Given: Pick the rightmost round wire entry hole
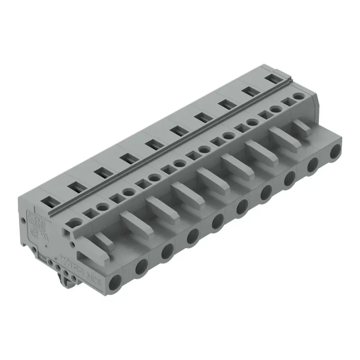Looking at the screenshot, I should click(335, 152).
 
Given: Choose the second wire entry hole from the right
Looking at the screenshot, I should click(312, 166).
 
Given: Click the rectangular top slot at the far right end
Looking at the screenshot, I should click(271, 78).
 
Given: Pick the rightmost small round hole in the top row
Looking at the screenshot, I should click(297, 96).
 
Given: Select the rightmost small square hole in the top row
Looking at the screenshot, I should click(286, 102).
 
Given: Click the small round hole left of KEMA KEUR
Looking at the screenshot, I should click(22, 220).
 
